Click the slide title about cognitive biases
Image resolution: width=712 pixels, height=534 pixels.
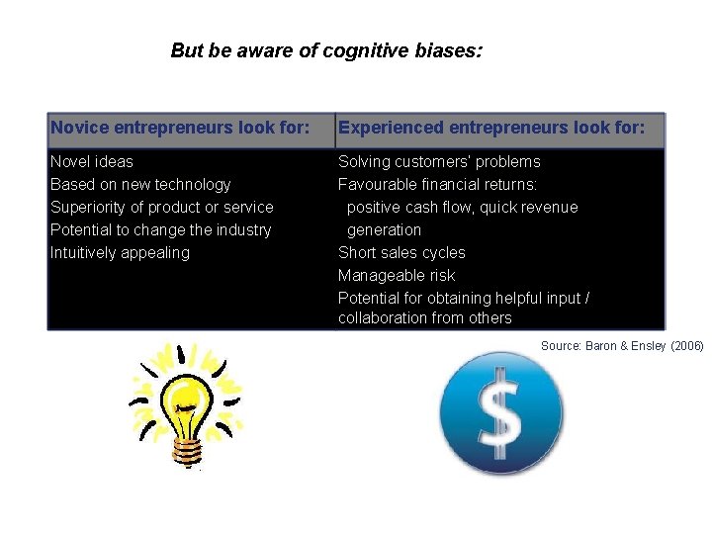326,50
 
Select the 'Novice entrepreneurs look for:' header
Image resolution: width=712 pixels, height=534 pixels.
180,128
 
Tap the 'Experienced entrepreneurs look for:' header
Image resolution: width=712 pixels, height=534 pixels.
491,128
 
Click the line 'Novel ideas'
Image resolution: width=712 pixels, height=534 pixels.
92,161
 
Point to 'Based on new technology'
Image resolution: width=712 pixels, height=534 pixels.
140,184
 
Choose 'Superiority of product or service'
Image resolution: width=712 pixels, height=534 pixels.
162,207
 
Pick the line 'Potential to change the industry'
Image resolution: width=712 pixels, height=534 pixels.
160,229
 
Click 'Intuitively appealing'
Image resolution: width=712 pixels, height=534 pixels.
120,252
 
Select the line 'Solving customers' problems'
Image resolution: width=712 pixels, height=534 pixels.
439,161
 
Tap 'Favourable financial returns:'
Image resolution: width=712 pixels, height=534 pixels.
438,184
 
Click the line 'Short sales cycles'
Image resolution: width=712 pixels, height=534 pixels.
401,252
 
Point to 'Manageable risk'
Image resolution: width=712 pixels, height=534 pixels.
397,275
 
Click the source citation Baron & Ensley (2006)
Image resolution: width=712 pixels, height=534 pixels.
622,345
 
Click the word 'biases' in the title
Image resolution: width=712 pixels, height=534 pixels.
450,50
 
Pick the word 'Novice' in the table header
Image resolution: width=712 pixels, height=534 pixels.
80,128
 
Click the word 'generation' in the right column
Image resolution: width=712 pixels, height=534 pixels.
384,229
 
